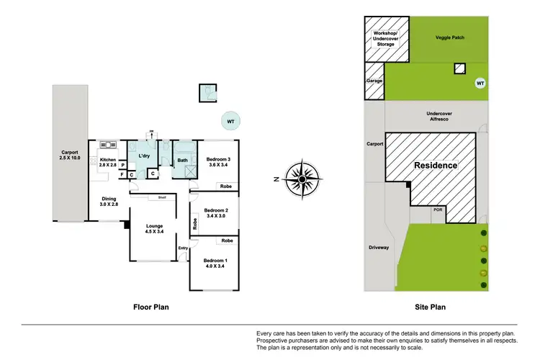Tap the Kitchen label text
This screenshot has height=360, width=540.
pos(108,160)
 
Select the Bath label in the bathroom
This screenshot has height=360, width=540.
pos(183,161)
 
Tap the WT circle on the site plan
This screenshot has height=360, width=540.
pos(480,84)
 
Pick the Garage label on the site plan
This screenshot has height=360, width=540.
pos(374,81)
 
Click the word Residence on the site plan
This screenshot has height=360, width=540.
pos(435,166)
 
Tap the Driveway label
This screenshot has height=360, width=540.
pos(379,248)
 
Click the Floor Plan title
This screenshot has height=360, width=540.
pos(152,307)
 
